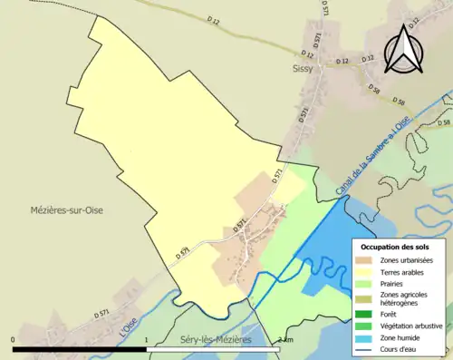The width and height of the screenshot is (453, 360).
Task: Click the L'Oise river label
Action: [x=129, y=322]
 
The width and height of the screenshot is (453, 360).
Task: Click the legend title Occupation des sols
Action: [x=398, y=246]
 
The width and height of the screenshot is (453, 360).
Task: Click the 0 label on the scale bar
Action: [x=14, y=339]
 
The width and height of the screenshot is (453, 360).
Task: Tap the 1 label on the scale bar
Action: [x=147, y=339]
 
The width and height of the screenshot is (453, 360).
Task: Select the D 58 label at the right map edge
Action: [x=443, y=122]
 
